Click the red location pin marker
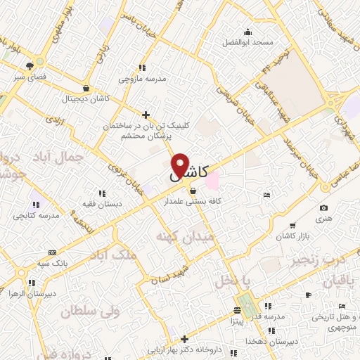coord(180,166)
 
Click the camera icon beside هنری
coord(323,207)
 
